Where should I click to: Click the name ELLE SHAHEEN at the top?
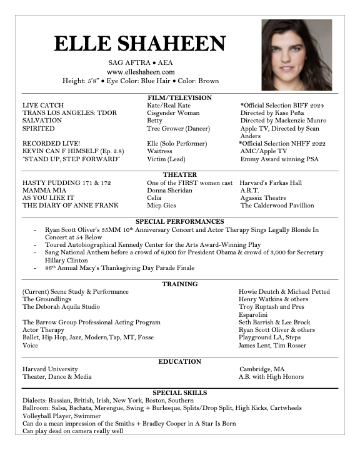pos(140,44)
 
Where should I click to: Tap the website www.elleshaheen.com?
pos(140,72)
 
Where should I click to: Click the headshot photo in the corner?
pos(296,55)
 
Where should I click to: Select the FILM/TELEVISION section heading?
pos(179,98)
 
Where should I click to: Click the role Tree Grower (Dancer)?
pos(177,129)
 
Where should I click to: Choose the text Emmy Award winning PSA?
pos(279,159)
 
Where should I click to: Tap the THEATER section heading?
pos(179,174)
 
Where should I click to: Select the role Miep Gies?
pos(161,205)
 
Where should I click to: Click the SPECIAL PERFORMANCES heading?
pos(179,221)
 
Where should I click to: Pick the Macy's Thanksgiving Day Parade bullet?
pos(119,268)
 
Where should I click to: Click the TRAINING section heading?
pos(179,284)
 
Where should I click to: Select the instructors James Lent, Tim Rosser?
pos(272,346)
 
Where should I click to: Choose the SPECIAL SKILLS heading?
pos(179,392)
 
